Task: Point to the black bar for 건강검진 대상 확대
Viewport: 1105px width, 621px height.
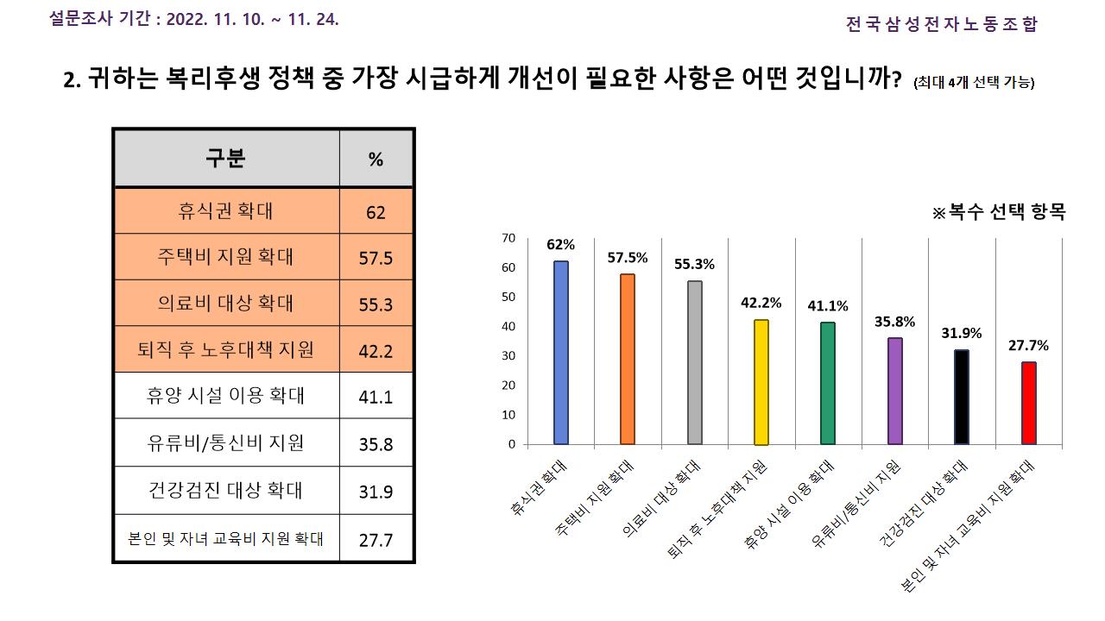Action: point(961,397)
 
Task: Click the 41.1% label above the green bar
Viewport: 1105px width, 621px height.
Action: point(828,305)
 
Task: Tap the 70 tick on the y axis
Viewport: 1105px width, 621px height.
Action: point(508,238)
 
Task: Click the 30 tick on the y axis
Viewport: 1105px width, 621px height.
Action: point(508,356)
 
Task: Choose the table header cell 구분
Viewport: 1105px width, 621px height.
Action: point(226,159)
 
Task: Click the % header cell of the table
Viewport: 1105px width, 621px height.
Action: point(376,160)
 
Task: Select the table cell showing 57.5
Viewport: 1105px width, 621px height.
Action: point(376,258)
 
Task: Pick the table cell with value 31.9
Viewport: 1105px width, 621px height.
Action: point(376,492)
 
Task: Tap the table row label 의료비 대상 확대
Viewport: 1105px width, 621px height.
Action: point(226,304)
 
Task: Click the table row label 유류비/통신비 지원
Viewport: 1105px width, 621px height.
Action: point(226,444)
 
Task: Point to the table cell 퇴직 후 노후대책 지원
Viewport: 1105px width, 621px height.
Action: point(226,350)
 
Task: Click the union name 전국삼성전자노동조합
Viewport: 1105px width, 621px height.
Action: point(941,24)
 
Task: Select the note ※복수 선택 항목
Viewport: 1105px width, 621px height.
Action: point(998,212)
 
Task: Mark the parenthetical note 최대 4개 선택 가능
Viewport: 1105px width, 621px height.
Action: point(973,83)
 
